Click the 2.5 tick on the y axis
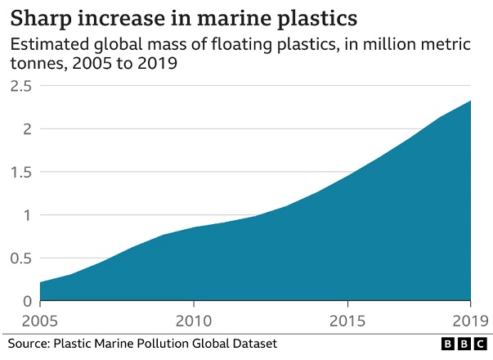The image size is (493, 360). point(20,85)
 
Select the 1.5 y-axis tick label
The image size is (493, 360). point(20,173)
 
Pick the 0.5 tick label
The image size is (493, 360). point(20,259)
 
